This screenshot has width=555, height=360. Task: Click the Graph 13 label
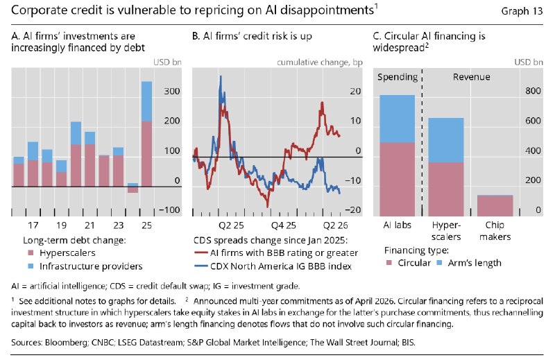pos(522,11)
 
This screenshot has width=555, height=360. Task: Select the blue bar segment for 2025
pos(147,101)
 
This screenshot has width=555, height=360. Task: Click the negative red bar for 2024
pos(133,190)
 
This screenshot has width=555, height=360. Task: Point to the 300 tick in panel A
pos(172,91)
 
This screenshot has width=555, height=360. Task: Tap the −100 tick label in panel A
pos(169,210)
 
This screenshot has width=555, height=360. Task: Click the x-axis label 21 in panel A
pos(90,225)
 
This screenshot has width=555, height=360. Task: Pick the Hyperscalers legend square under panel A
pos(31,253)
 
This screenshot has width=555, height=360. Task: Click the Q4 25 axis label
pos(283,225)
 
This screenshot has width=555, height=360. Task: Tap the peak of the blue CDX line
pos(221,76)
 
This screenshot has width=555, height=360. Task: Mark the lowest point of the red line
pos(268,207)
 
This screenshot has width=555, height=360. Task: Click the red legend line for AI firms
pos(201,253)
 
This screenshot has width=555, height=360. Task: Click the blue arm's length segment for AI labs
pos(397,119)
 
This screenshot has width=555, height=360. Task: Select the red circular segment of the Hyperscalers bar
pos(446,189)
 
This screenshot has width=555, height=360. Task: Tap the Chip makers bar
pos(495,205)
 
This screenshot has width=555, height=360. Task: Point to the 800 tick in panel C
pos(533,91)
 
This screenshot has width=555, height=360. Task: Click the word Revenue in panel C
pos(472,77)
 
